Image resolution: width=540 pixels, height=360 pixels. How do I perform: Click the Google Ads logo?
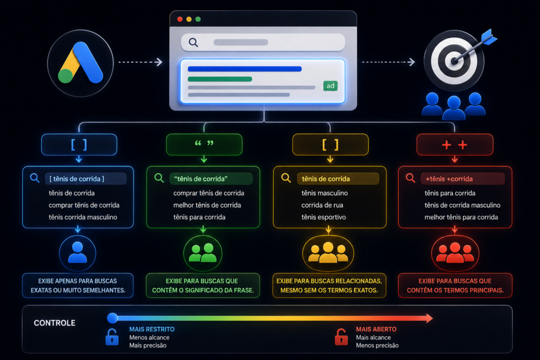click(81, 63)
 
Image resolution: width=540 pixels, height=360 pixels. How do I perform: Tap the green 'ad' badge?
click(330, 86)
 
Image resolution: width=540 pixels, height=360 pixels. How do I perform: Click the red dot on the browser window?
click(180, 20)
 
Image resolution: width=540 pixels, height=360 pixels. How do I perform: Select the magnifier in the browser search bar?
click(194, 42)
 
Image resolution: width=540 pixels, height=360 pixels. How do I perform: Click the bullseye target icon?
click(455, 61)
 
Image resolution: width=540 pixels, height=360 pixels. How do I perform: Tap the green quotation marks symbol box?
click(204, 144)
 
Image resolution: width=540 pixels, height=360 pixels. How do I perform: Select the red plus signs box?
click(455, 144)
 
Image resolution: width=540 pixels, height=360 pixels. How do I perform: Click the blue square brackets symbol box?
click(79, 144)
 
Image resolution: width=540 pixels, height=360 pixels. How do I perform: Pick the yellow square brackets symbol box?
click(330, 144)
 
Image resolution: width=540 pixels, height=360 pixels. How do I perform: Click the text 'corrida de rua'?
click(322, 205)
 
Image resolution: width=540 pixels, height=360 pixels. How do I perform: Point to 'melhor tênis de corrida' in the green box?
click(207, 205)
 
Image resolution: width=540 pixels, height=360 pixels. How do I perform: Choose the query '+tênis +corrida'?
click(449, 179)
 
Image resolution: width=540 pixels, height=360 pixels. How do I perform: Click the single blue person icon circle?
click(78, 254)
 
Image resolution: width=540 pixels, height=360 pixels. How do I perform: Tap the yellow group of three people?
click(328, 254)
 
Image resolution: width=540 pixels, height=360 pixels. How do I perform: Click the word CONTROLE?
click(54, 323)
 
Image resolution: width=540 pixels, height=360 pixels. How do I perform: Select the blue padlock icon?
click(112, 337)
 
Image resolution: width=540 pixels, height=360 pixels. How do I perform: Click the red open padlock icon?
click(341, 337)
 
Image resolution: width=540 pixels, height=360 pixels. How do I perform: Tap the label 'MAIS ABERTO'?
click(376, 329)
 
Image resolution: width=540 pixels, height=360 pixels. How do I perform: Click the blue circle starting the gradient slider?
click(112, 318)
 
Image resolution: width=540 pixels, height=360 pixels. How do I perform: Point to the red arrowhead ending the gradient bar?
click(429, 318)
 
